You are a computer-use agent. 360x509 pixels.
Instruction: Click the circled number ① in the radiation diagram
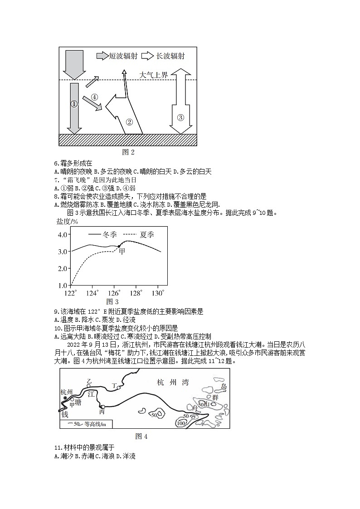click(74, 104)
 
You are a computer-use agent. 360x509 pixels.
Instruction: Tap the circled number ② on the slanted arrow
click(129, 121)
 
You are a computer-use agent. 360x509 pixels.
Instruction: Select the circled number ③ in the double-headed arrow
click(180, 117)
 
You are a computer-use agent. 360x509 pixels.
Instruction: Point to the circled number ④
click(94, 97)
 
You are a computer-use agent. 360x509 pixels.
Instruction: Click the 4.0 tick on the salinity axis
click(63, 234)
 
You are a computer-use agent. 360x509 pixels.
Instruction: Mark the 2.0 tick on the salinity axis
click(63, 269)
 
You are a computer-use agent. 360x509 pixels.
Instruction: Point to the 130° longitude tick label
click(158, 293)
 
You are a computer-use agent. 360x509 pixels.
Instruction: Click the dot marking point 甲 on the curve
click(119, 247)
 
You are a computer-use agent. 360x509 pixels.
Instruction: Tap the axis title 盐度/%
click(67, 221)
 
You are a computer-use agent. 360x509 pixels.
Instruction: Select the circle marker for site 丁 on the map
click(119, 388)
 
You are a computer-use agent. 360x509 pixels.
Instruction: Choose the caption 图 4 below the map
click(141, 436)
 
